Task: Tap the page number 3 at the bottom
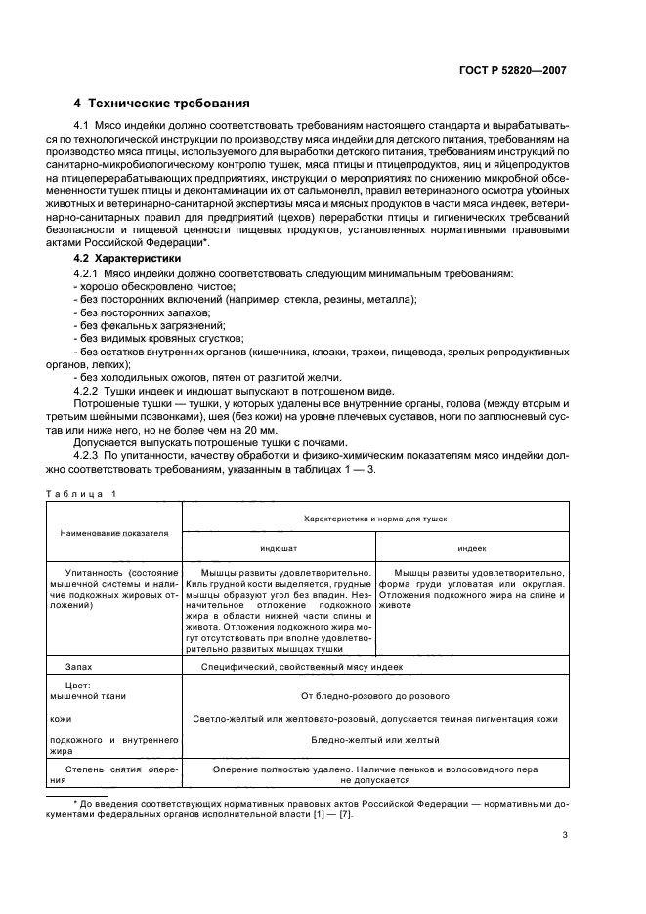(565, 835)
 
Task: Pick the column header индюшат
(279, 549)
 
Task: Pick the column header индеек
(473, 549)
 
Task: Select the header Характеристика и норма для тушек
(375, 519)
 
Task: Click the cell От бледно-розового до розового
(375, 697)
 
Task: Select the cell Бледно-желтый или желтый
(375, 740)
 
